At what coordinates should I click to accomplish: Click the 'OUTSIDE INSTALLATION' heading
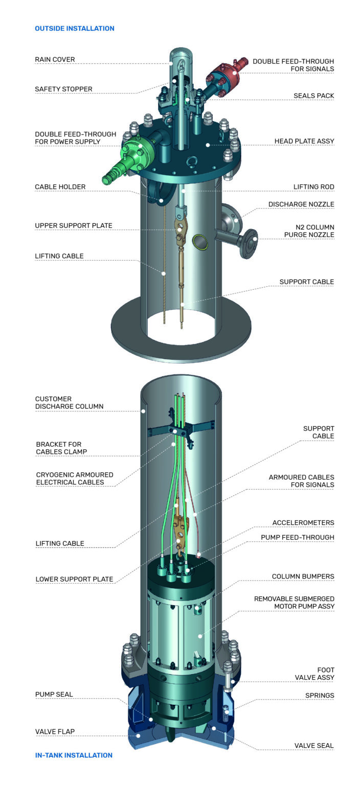tap(74, 29)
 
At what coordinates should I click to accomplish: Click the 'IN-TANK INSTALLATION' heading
tap(74, 755)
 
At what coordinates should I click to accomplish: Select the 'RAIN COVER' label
tap(55, 59)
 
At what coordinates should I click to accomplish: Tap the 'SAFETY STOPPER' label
tap(63, 89)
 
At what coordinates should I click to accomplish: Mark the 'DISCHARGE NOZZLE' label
tap(301, 204)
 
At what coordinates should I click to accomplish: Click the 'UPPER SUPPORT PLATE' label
tap(73, 225)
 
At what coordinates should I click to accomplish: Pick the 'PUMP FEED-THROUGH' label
tap(297, 537)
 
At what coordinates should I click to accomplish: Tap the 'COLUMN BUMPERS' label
tap(303, 576)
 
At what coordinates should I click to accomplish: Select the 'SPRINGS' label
tap(320, 695)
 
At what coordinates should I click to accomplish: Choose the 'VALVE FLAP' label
tap(55, 731)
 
